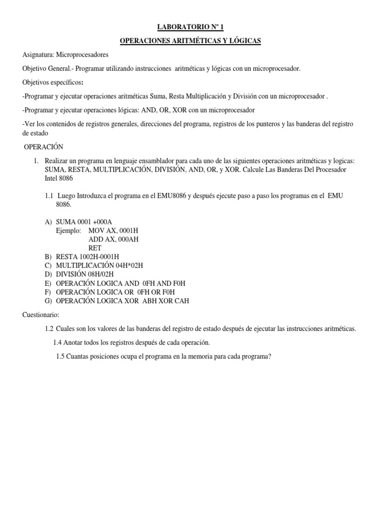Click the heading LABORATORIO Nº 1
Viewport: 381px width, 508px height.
(190, 27)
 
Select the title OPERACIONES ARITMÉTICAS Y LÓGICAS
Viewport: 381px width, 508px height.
(190, 41)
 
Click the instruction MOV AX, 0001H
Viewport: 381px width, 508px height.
(114, 230)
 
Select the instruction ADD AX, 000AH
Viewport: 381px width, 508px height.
(113, 239)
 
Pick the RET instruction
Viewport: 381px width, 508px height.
(95, 248)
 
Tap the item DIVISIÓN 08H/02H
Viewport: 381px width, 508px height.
(85, 274)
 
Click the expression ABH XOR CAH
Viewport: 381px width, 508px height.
(166, 301)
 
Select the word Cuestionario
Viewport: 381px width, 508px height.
(41, 315)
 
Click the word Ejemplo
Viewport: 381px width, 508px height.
(69, 230)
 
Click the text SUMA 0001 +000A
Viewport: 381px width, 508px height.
(83, 221)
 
